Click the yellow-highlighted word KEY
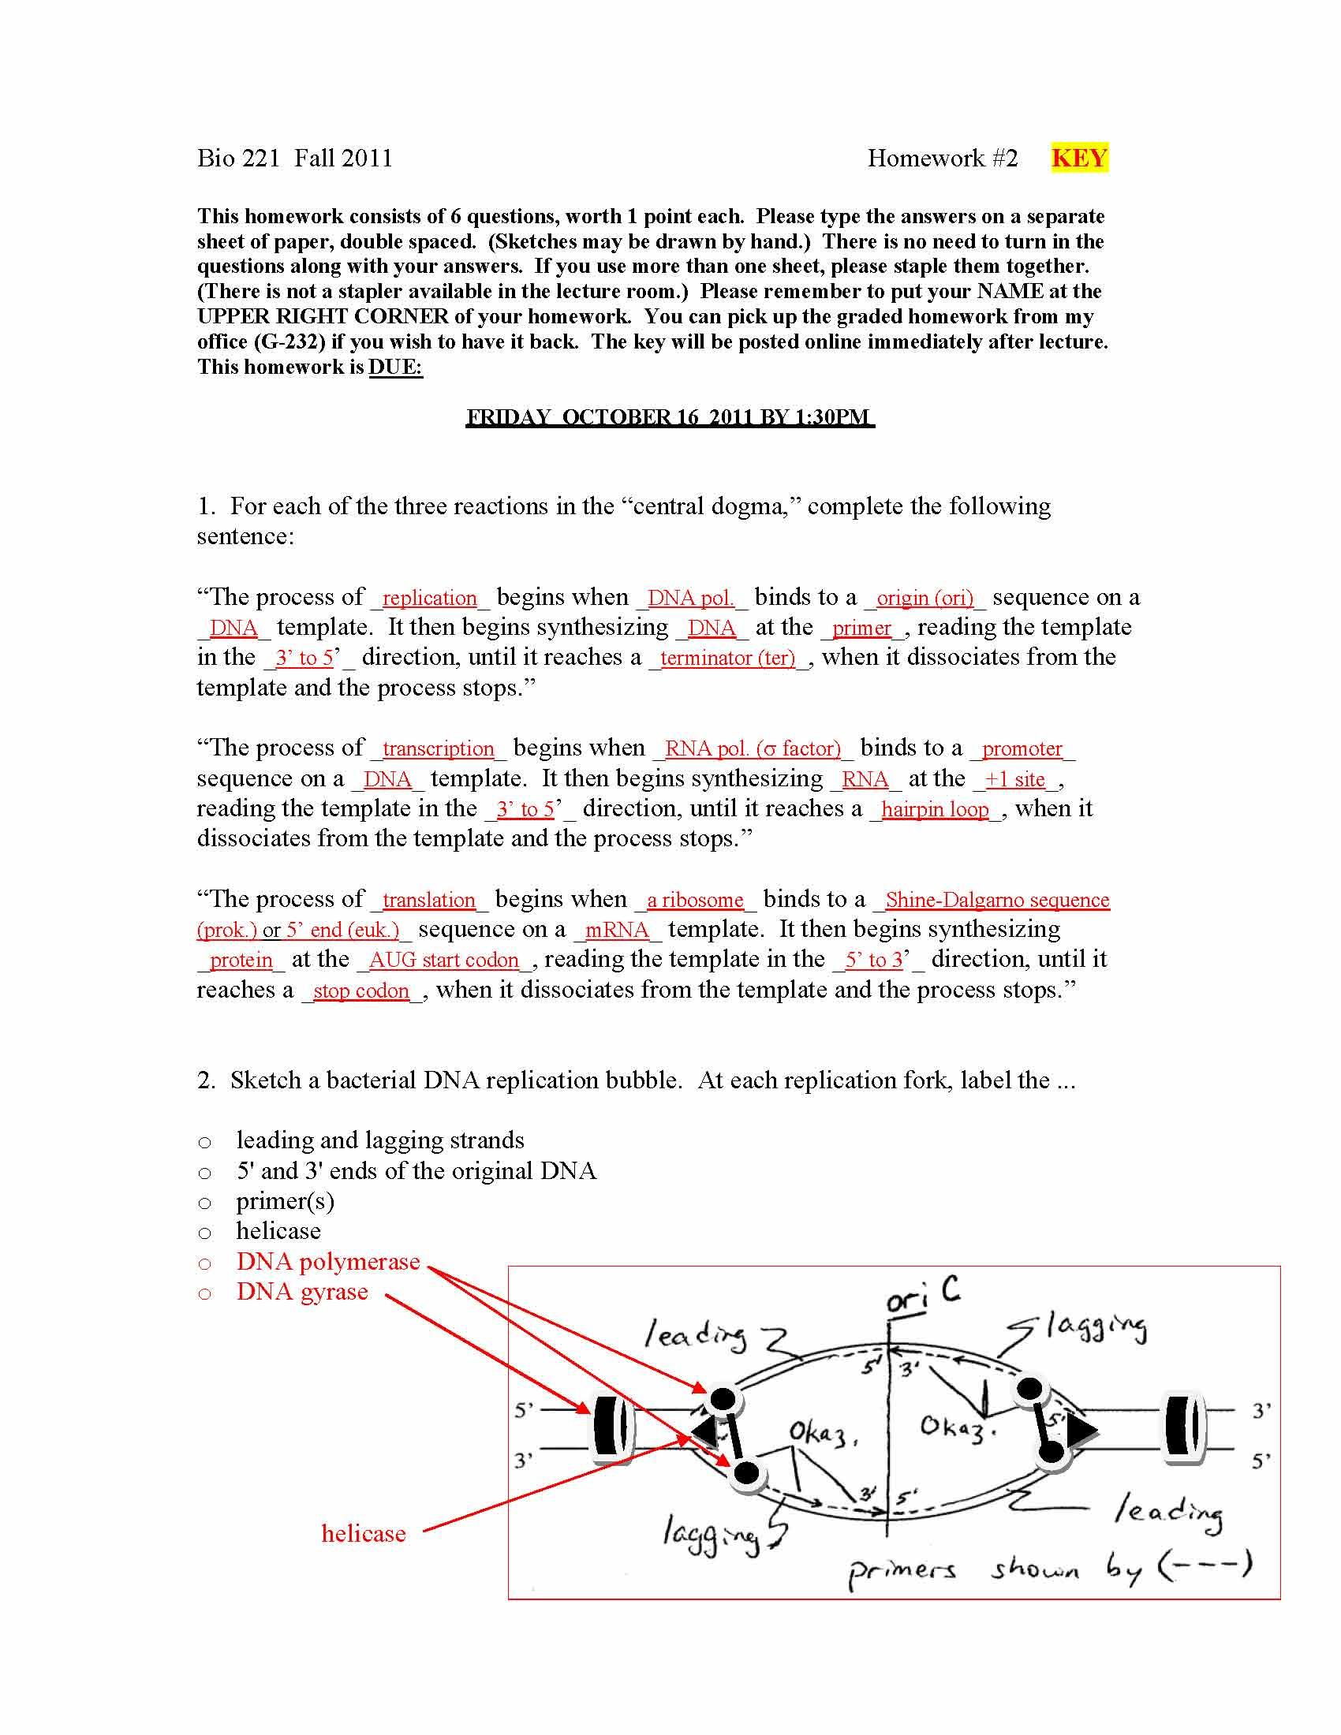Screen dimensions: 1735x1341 click(x=1078, y=158)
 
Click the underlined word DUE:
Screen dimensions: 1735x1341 click(x=396, y=367)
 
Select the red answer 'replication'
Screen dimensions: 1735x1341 click(x=429, y=599)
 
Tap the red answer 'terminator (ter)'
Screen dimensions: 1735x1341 click(x=728, y=659)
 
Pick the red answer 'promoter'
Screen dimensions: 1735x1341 click(x=1022, y=749)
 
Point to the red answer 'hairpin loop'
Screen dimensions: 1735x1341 click(x=935, y=809)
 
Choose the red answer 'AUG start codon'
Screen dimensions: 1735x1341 click(x=443, y=961)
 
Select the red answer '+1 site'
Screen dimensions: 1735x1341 click(x=1015, y=779)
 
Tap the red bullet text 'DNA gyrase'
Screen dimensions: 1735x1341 click(x=302, y=1292)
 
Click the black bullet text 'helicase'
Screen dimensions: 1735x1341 click(x=278, y=1231)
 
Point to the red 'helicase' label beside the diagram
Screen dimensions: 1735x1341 click(x=363, y=1533)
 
